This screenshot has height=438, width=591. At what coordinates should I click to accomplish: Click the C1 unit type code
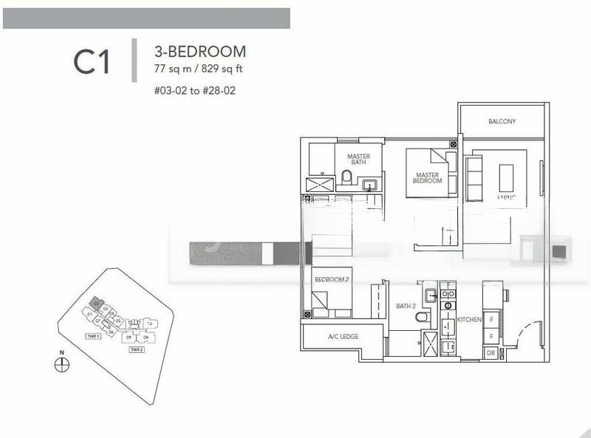(x=92, y=62)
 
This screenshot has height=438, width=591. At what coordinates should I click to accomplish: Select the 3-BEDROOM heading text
(x=200, y=52)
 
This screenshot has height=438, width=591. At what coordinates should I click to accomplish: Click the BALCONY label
(x=502, y=122)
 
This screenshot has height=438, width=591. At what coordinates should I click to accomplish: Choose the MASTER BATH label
(x=358, y=159)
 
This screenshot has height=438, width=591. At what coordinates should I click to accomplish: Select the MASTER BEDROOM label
(x=427, y=177)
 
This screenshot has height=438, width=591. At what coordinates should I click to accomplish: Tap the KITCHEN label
(x=469, y=320)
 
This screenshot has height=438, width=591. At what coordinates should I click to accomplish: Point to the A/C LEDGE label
(x=343, y=337)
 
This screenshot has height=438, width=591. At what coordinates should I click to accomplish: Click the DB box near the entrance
(x=491, y=354)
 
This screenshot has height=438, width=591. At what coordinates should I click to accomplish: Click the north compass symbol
(x=62, y=364)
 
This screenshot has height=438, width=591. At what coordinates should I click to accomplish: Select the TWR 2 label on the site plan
(x=136, y=349)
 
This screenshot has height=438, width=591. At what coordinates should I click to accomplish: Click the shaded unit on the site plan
(x=97, y=303)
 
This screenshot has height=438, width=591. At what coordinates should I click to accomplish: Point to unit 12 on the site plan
(x=149, y=323)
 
